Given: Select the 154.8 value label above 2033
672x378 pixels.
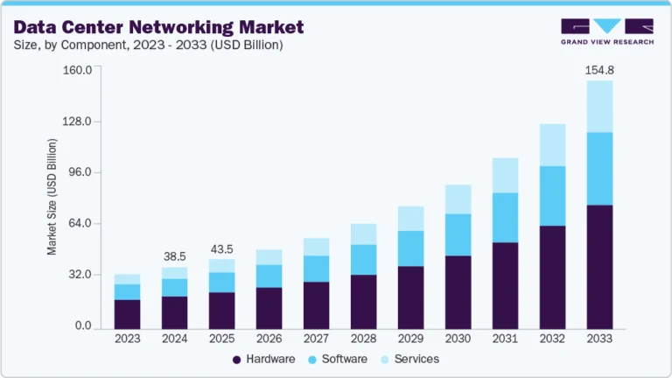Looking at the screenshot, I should [599, 69].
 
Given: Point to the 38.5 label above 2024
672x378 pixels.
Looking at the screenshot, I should [175, 256].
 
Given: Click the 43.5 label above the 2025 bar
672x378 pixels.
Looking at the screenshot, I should [222, 248].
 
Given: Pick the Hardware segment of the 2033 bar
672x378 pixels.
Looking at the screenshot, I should [599, 267].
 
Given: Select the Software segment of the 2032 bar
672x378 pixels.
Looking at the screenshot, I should [552, 196].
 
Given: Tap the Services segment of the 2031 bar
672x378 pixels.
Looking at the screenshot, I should [505, 176].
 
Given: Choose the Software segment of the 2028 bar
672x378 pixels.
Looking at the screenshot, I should [363, 260].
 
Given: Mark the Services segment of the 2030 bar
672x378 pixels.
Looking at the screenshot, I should [458, 199].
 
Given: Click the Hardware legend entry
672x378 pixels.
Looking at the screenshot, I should [263, 360].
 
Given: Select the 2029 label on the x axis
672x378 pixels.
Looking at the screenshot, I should [410, 339].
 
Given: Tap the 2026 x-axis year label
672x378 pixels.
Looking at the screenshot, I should [269, 339].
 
